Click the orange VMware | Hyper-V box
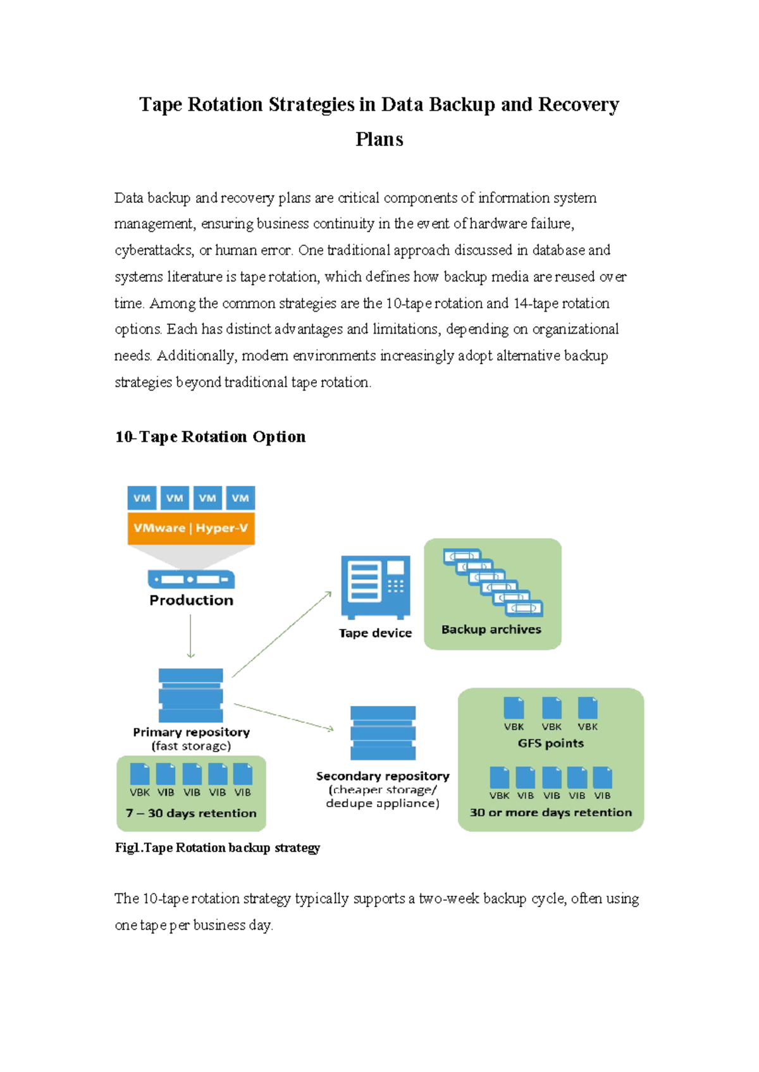[x=191, y=528]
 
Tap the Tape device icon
[x=376, y=587]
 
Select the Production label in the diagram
[x=191, y=600]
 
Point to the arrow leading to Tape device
[x=281, y=635]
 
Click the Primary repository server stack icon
[x=191, y=695]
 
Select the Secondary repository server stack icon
[x=383, y=733]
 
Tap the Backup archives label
[x=491, y=630]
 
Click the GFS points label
[x=551, y=743]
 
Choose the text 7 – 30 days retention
[x=191, y=813]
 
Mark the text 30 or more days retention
[x=551, y=813]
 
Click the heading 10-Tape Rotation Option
[x=210, y=437]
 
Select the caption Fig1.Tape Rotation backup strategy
[x=218, y=848]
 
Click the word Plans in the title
[x=379, y=139]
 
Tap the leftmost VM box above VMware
[x=142, y=498]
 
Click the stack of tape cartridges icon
[x=493, y=583]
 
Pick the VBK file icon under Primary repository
[x=140, y=775]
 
